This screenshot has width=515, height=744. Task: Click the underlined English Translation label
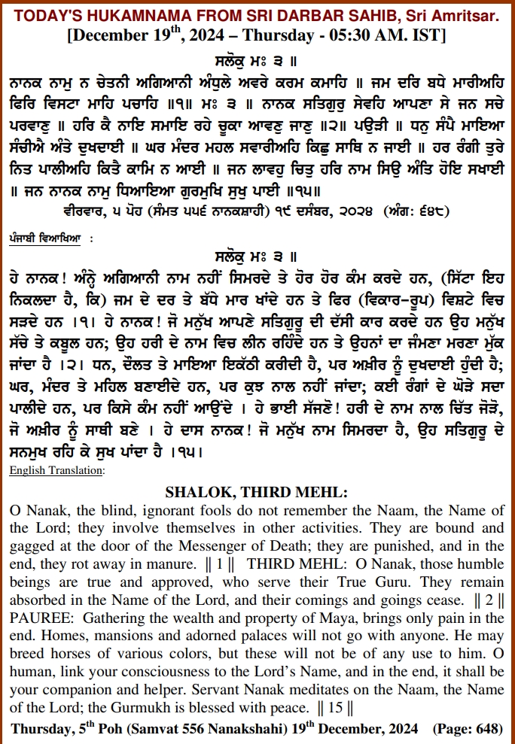[x=57, y=471]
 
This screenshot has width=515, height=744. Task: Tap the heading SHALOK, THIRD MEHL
[x=257, y=493]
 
